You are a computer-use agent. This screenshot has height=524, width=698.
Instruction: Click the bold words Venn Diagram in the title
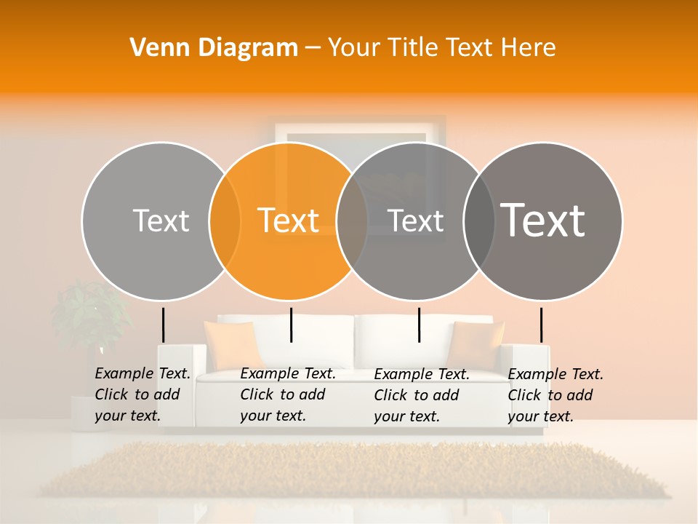[214, 48]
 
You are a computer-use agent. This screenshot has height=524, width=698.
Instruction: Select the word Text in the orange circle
[289, 221]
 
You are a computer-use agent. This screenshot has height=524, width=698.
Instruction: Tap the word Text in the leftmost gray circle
[161, 221]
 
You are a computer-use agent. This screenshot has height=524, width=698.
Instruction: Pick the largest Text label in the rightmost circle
[543, 220]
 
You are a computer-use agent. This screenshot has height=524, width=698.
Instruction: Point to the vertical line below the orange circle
[291, 325]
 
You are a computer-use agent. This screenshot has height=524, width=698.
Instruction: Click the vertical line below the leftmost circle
[163, 325]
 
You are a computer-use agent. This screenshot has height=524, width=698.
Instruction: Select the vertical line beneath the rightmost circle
[541, 325]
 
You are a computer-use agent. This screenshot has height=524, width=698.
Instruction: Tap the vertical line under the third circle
[419, 325]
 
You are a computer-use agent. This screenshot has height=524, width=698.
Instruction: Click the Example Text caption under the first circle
[142, 394]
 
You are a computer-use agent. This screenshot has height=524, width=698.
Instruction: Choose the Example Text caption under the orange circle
[287, 394]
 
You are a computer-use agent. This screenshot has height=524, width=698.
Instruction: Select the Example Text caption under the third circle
[421, 395]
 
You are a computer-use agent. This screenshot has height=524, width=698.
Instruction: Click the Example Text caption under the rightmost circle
[555, 395]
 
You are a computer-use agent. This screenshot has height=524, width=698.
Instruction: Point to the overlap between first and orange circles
[225, 221]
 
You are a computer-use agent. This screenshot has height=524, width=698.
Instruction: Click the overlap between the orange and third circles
[352, 221]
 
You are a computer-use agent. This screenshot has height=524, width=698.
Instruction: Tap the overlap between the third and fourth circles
[479, 221]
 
